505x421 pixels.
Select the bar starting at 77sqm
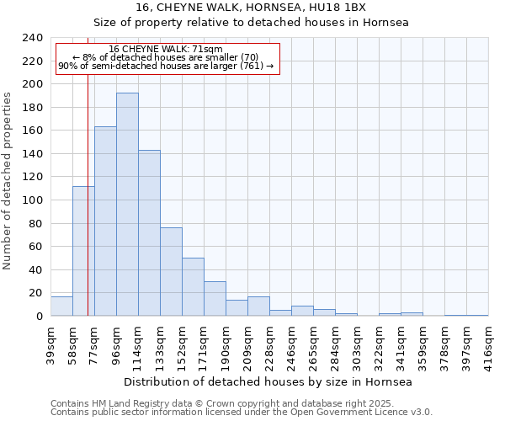tap(105, 221)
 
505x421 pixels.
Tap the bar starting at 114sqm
tap(149, 233)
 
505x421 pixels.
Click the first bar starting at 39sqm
tap(61, 306)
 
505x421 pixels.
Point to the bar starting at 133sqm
tap(171, 272)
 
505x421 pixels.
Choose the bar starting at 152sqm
tap(193, 287)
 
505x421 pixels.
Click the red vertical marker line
tap(88, 168)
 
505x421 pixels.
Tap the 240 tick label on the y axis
tap(32, 38)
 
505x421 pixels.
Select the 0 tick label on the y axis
tap(39, 317)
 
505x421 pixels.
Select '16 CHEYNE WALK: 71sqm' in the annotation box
tap(166, 50)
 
